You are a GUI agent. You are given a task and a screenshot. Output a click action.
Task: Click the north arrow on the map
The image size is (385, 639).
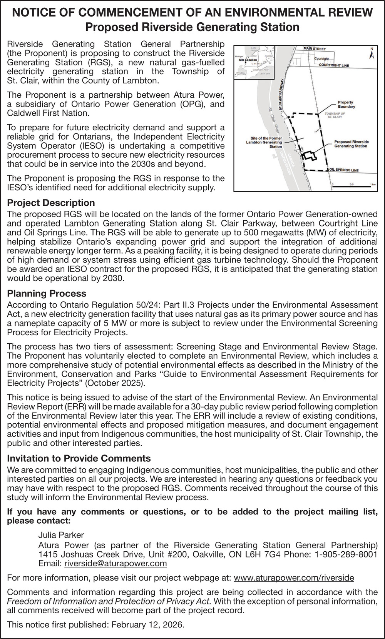[x=372, y=53]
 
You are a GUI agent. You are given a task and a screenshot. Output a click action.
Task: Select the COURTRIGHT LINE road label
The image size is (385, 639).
[x=334, y=65]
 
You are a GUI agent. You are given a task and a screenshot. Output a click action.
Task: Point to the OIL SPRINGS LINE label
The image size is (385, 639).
[x=344, y=170]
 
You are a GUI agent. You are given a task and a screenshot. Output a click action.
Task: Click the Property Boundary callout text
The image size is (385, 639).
[x=346, y=104]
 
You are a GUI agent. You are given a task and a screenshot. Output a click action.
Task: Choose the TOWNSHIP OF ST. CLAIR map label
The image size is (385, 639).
[x=335, y=115]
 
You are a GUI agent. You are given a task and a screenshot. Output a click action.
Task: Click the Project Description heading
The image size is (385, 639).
[x=51, y=203]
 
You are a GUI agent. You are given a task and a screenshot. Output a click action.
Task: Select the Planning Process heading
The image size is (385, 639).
[x=47, y=293]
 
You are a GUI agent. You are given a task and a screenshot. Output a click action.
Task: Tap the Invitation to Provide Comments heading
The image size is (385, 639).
[x=79, y=458]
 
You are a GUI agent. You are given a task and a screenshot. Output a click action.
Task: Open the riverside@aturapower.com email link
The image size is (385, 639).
[x=115, y=564]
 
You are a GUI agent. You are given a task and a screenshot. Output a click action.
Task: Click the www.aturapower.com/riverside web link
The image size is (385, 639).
[x=294, y=578]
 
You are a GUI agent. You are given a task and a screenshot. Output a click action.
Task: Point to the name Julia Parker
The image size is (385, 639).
[x=61, y=535]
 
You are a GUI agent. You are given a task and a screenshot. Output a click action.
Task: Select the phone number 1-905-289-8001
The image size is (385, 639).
[x=346, y=554]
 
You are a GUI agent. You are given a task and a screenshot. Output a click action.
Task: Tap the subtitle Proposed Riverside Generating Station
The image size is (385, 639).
[x=192, y=27]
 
